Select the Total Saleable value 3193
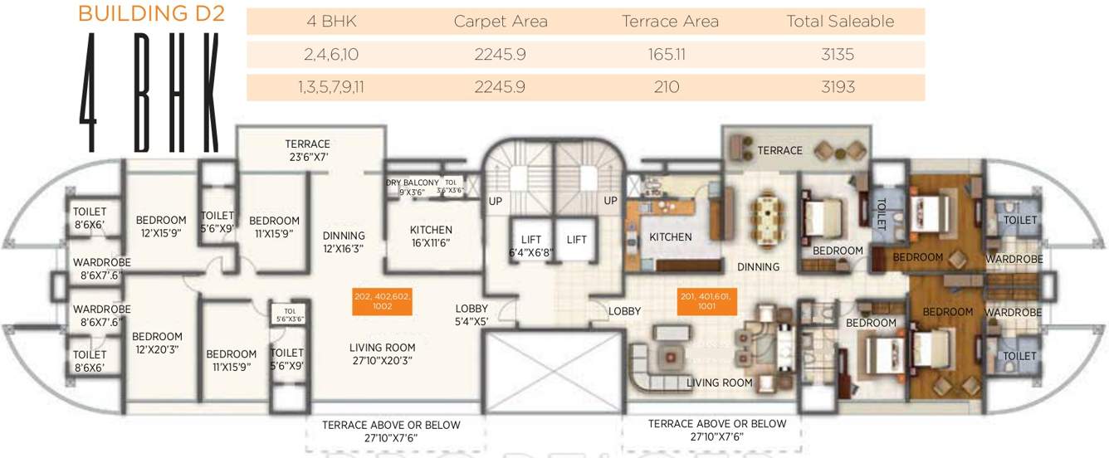[840, 87]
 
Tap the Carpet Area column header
[501, 22]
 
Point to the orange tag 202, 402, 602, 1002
[383, 301]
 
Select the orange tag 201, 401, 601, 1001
[707, 301]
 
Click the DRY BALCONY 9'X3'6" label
[412, 187]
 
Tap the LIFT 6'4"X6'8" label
[531, 246]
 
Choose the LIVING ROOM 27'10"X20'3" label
[382, 354]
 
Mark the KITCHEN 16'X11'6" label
[431, 236]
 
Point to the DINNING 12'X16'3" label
[344, 241]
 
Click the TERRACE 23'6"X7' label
[308, 150]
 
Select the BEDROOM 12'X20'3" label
[157, 343]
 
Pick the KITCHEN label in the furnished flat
[671, 237]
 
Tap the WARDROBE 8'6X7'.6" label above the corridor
[101, 268]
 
